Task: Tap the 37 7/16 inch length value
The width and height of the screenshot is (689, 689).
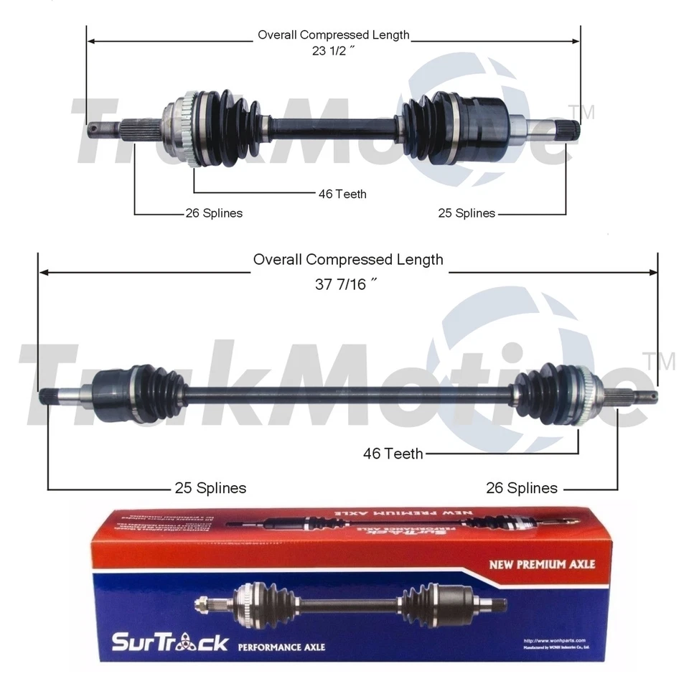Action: pyautogui.click(x=346, y=284)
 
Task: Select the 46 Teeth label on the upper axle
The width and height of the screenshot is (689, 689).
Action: pyautogui.click(x=342, y=194)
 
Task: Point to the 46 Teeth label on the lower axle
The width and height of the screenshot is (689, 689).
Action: pyautogui.click(x=393, y=453)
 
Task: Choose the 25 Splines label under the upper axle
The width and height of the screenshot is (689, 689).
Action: pyautogui.click(x=467, y=213)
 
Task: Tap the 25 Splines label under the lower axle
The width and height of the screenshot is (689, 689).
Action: pyautogui.click(x=210, y=488)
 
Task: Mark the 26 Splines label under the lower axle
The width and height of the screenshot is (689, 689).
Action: pyautogui.click(x=522, y=488)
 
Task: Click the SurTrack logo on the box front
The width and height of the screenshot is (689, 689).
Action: pyautogui.click(x=169, y=641)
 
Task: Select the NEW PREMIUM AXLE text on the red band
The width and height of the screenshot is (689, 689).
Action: pyautogui.click(x=542, y=564)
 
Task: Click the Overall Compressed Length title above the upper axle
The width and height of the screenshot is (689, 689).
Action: pyautogui.click(x=334, y=34)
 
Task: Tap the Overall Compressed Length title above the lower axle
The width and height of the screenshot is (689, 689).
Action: pyautogui.click(x=348, y=259)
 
